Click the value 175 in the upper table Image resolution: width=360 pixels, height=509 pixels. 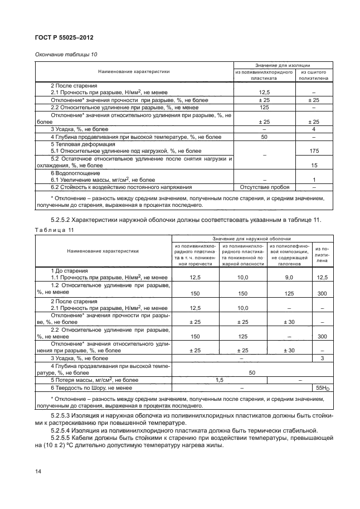[x=314, y=151]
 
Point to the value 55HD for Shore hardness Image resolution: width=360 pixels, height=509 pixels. [x=322, y=387]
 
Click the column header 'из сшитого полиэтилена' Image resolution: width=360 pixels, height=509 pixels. [x=314, y=76]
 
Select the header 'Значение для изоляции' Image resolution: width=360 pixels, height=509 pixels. [x=287, y=65]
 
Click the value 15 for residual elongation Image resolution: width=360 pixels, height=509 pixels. [x=314, y=166]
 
